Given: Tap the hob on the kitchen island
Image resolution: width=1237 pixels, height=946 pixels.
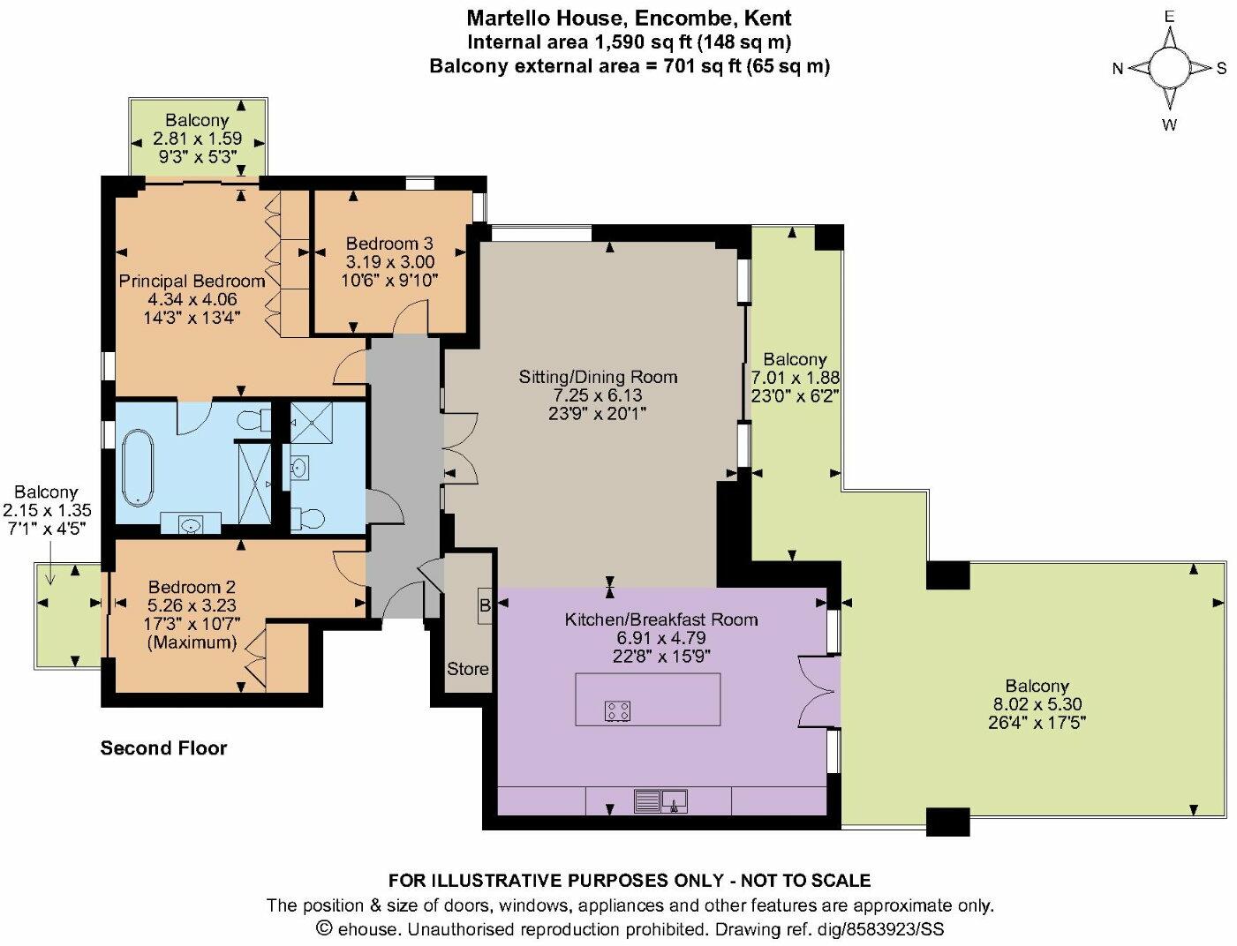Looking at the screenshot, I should pyautogui.click(x=617, y=710).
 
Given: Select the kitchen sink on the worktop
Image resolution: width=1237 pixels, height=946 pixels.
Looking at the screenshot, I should pyautogui.click(x=660, y=801).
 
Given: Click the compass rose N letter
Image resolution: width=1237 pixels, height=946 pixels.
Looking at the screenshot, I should pyautogui.click(x=1117, y=69).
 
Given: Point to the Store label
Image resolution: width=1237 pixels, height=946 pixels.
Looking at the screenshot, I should pyautogui.click(x=467, y=668).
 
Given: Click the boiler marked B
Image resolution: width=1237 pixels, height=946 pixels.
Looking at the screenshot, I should pyautogui.click(x=485, y=606).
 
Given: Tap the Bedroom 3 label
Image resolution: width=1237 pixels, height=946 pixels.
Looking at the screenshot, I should pyautogui.click(x=389, y=244).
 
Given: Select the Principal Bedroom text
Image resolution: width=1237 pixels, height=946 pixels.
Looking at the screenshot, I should pyautogui.click(x=192, y=281).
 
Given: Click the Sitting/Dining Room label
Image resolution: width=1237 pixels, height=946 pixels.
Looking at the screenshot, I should pyautogui.click(x=598, y=377).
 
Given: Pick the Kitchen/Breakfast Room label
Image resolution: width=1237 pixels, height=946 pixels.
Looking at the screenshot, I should pyautogui.click(x=661, y=619).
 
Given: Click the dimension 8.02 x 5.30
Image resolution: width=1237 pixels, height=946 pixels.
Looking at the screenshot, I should pyautogui.click(x=1037, y=704).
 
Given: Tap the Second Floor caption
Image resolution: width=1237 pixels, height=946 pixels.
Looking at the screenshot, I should pyautogui.click(x=163, y=748).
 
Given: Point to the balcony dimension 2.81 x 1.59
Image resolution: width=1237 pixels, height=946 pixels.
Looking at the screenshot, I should pyautogui.click(x=197, y=138).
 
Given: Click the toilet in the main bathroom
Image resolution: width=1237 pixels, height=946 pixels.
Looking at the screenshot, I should pyautogui.click(x=255, y=419).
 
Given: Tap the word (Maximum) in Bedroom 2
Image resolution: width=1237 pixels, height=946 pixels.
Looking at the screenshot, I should pyautogui.click(x=192, y=642).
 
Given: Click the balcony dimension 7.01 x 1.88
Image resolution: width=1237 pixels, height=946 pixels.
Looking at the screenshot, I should pyautogui.click(x=795, y=378).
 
